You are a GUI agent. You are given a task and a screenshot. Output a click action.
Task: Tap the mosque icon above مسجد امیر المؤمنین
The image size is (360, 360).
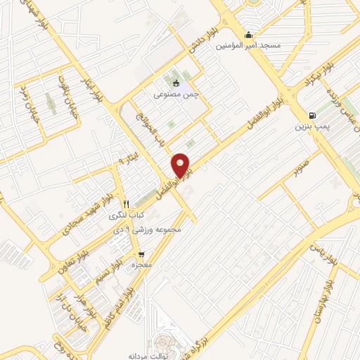click(x=247, y=35)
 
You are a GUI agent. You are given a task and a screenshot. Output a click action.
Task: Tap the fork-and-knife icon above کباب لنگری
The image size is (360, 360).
click(x=127, y=203)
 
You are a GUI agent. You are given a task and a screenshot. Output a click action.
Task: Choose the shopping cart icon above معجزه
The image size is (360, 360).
click(x=141, y=255)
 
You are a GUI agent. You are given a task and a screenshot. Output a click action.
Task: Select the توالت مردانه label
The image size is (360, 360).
click(x=146, y=356)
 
